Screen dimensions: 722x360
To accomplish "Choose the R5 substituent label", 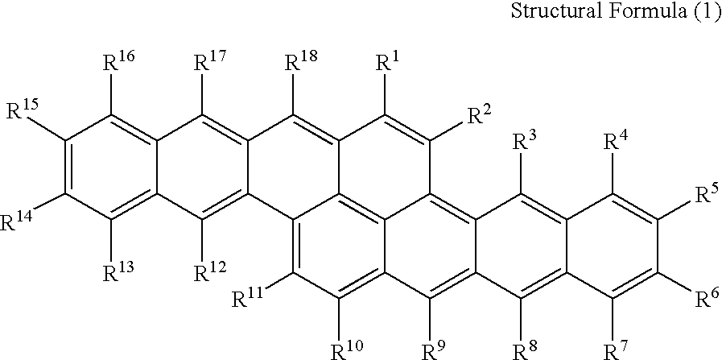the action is click(x=705, y=196).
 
